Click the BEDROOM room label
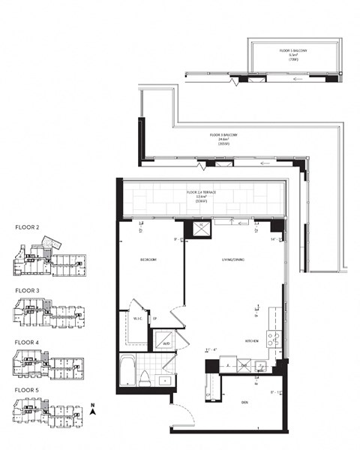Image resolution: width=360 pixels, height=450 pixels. [148, 259]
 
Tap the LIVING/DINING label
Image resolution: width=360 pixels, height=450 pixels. [229, 260]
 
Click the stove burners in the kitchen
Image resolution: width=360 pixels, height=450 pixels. [275, 338]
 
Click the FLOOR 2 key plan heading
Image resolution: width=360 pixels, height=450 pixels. [28, 226]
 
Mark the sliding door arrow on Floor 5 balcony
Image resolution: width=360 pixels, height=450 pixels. [298, 77]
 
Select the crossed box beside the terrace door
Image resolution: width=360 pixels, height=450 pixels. [201, 230]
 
